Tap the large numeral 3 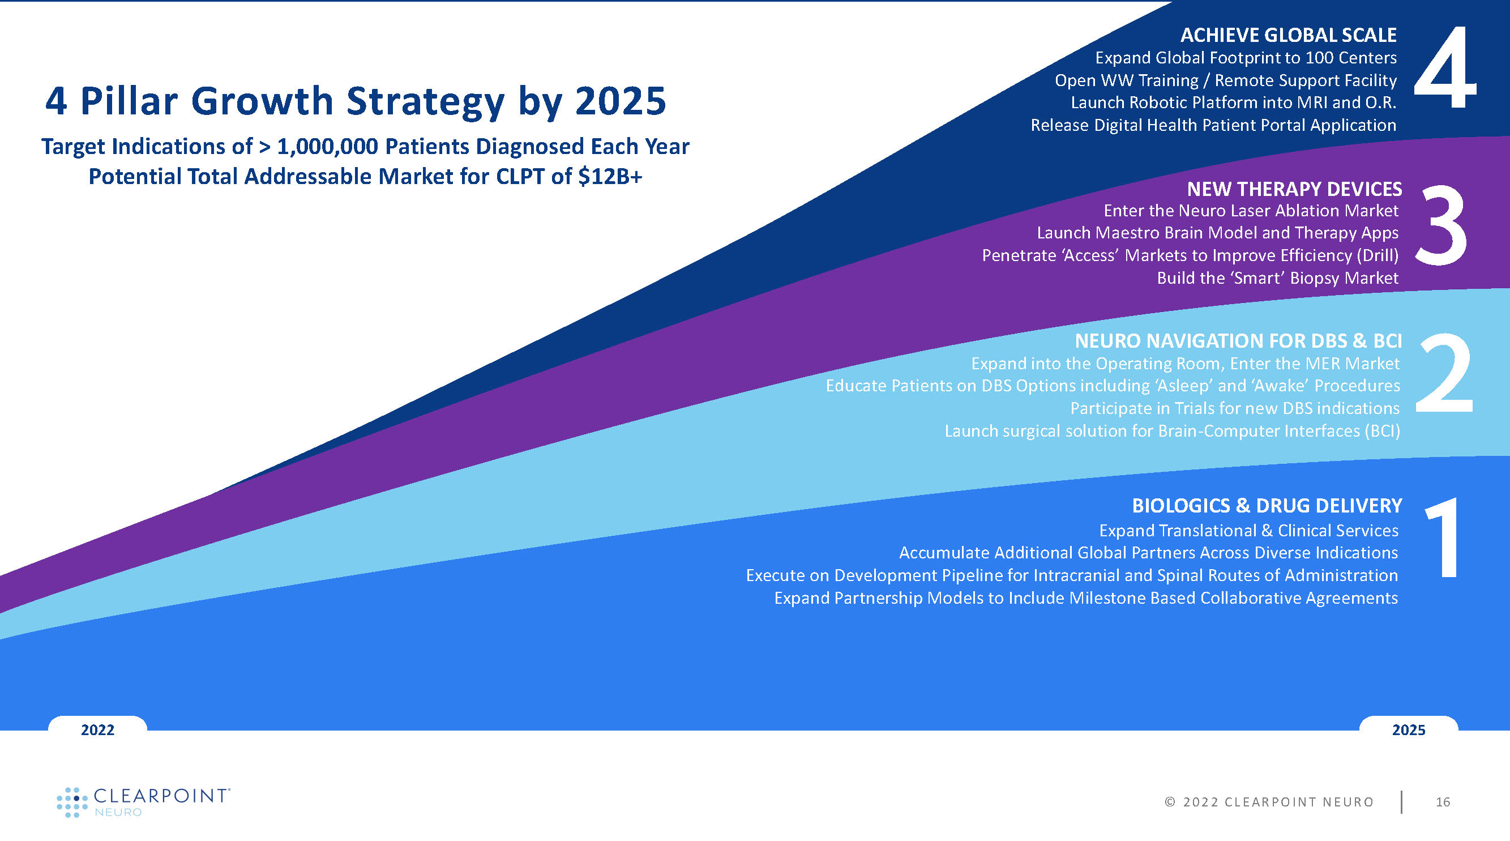pyautogui.click(x=1441, y=224)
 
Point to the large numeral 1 pyautogui.click(x=1443, y=537)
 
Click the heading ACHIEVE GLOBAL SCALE pyautogui.click(x=1289, y=35)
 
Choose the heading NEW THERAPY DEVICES pyautogui.click(x=1294, y=189)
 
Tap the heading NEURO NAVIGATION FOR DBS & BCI pyautogui.click(x=1238, y=341)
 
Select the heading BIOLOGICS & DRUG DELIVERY pyautogui.click(x=1267, y=506)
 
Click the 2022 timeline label pyautogui.click(x=97, y=729)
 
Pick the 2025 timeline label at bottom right pyautogui.click(x=1409, y=729)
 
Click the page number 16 pyautogui.click(x=1443, y=802)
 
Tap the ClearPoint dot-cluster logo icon pyautogui.click(x=72, y=802)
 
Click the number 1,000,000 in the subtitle pyautogui.click(x=327, y=147)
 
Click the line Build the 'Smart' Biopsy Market pyautogui.click(x=1277, y=278)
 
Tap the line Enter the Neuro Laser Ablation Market pyautogui.click(x=1251, y=211)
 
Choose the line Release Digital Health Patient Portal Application pyautogui.click(x=1213, y=125)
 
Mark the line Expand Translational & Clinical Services pyautogui.click(x=1248, y=530)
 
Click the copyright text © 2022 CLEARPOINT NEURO pyautogui.click(x=1269, y=802)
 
